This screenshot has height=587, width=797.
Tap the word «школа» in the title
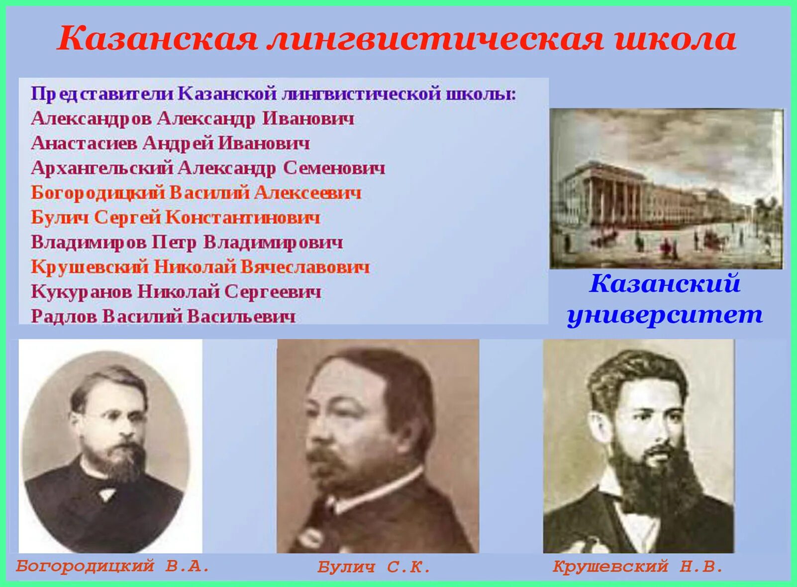(676, 39)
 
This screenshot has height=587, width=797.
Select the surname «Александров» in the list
(91, 119)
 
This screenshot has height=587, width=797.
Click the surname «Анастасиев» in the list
(84, 144)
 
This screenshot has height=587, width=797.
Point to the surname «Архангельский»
(102, 168)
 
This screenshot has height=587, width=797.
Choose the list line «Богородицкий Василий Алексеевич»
(196, 193)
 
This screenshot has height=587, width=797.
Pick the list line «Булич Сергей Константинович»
(175, 218)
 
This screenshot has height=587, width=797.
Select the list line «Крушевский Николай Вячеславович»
(200, 267)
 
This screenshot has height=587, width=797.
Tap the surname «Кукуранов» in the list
(81, 292)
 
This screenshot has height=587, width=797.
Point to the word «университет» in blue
(665, 315)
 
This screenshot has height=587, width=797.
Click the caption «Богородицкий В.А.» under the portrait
(112, 566)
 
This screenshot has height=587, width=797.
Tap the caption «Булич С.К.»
(374, 567)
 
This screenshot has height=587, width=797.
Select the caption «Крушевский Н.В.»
(638, 566)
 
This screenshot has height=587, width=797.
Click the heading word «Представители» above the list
(102, 94)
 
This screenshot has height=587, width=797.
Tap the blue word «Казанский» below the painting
(665, 284)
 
